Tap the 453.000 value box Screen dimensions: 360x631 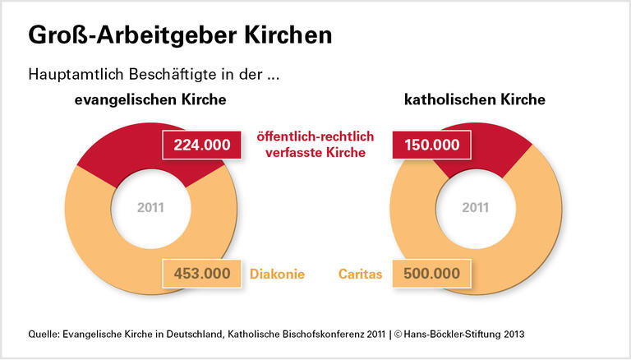click(201, 273)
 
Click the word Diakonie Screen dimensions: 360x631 click(276, 273)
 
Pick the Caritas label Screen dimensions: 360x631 click(361, 273)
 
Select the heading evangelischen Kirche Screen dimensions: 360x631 click(150, 100)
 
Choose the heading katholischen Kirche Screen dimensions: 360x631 click(476, 100)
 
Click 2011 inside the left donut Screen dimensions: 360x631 click(150, 207)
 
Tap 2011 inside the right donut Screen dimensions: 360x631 click(475, 207)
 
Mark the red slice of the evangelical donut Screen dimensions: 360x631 click(123, 148)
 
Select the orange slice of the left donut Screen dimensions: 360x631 click(99, 238)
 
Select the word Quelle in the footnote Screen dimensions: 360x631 click(45, 335)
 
